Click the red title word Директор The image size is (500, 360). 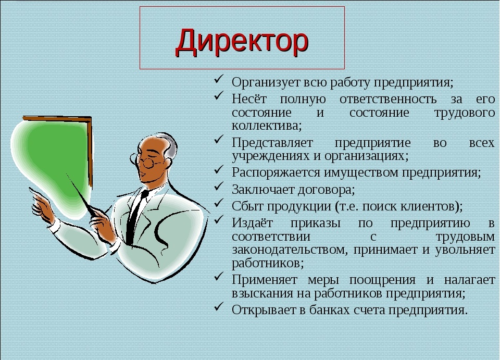(242, 42)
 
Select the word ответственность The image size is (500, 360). (388, 99)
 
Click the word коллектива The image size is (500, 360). (267, 126)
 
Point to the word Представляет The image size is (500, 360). (272, 143)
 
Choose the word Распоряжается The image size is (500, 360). (276, 173)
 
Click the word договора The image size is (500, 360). (326, 190)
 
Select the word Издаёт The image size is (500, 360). (252, 222)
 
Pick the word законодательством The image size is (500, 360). (290, 250)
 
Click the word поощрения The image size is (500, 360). (382, 280)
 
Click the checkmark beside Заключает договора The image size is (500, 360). (218, 186)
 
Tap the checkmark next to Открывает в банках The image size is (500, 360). (218, 306)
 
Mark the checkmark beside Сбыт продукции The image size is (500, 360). (218, 203)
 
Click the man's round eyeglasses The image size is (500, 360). (146, 160)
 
